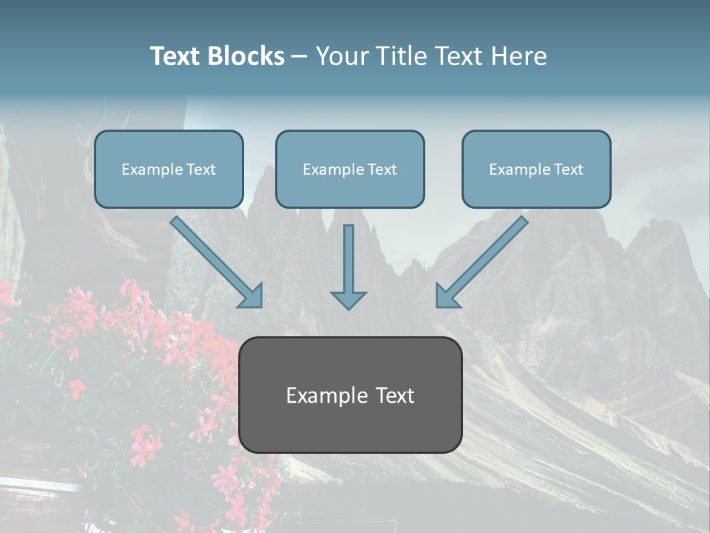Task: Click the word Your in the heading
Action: tap(341, 56)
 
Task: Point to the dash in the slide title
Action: tap(300, 57)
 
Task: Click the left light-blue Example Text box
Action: tap(169, 169)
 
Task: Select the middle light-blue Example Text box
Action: tap(350, 169)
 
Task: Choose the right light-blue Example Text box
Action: tap(536, 169)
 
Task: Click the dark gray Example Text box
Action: tap(350, 395)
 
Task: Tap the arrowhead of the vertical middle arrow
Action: tap(348, 299)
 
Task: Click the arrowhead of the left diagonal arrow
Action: tap(251, 296)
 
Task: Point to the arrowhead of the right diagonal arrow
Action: tap(446, 296)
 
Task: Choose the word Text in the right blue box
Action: tap(568, 170)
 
